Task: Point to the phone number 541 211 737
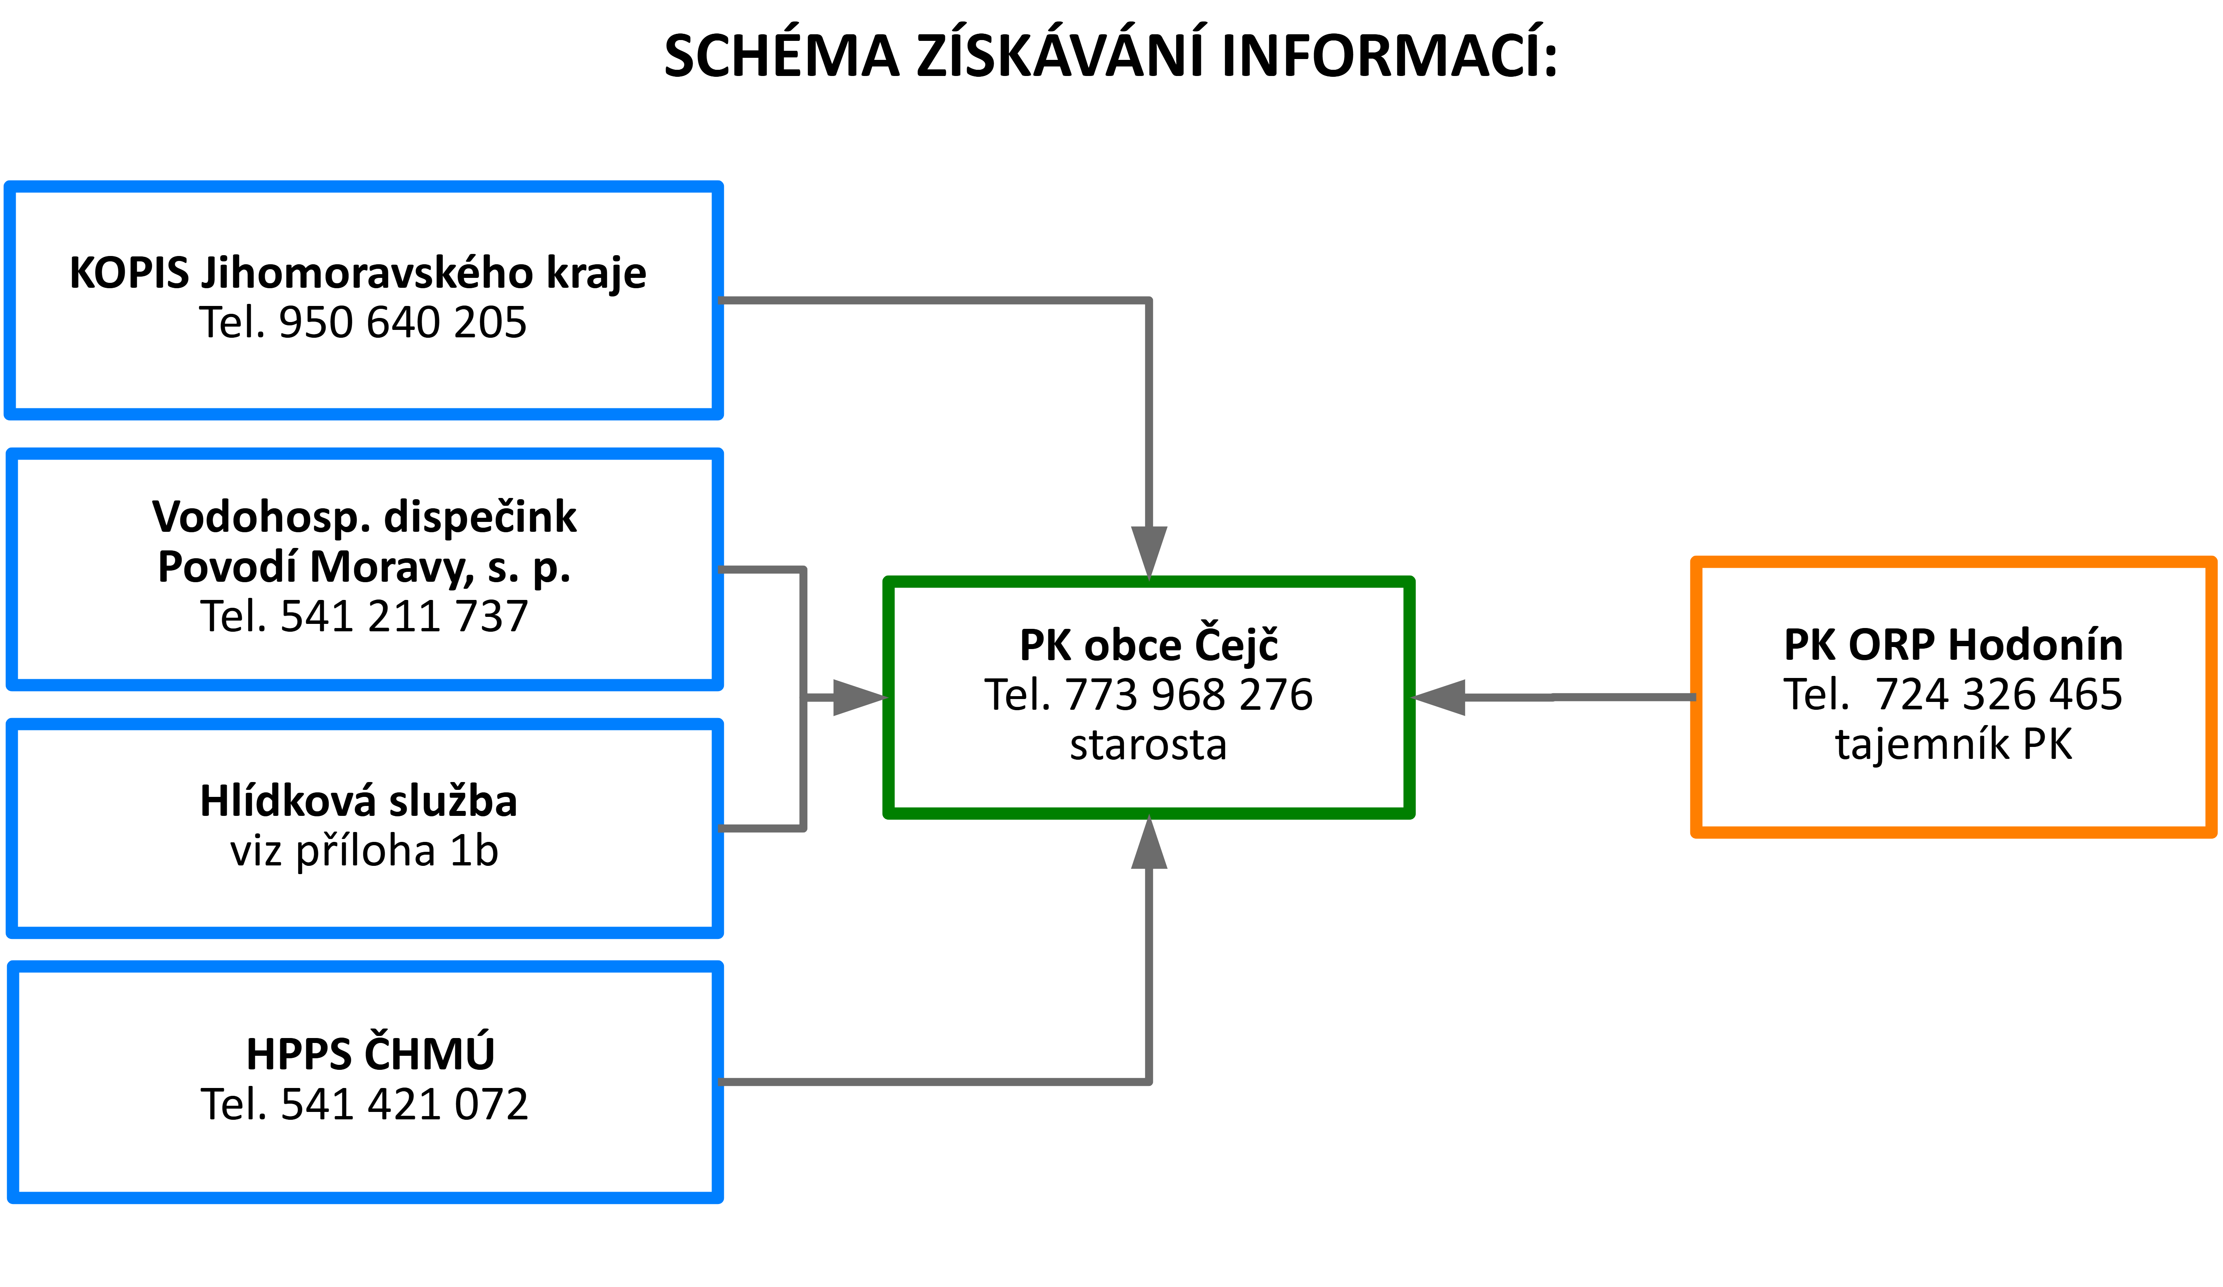404,616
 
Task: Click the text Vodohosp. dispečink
364,517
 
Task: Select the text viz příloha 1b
364,851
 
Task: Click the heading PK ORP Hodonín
1953,645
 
